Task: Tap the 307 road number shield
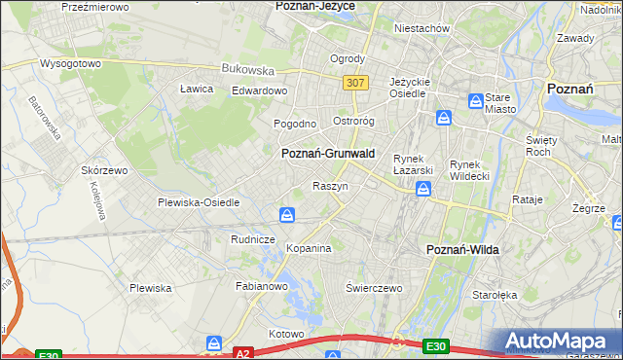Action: click(x=354, y=83)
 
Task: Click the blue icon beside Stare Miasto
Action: click(x=475, y=100)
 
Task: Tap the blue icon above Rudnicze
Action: click(x=287, y=214)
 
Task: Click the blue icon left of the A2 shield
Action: click(x=214, y=343)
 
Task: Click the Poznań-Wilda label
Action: click(x=463, y=250)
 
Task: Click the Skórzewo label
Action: click(x=105, y=169)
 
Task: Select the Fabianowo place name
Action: click(x=261, y=287)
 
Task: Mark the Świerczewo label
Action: click(x=374, y=289)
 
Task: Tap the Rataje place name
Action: click(x=527, y=199)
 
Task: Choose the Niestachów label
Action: click(x=421, y=28)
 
